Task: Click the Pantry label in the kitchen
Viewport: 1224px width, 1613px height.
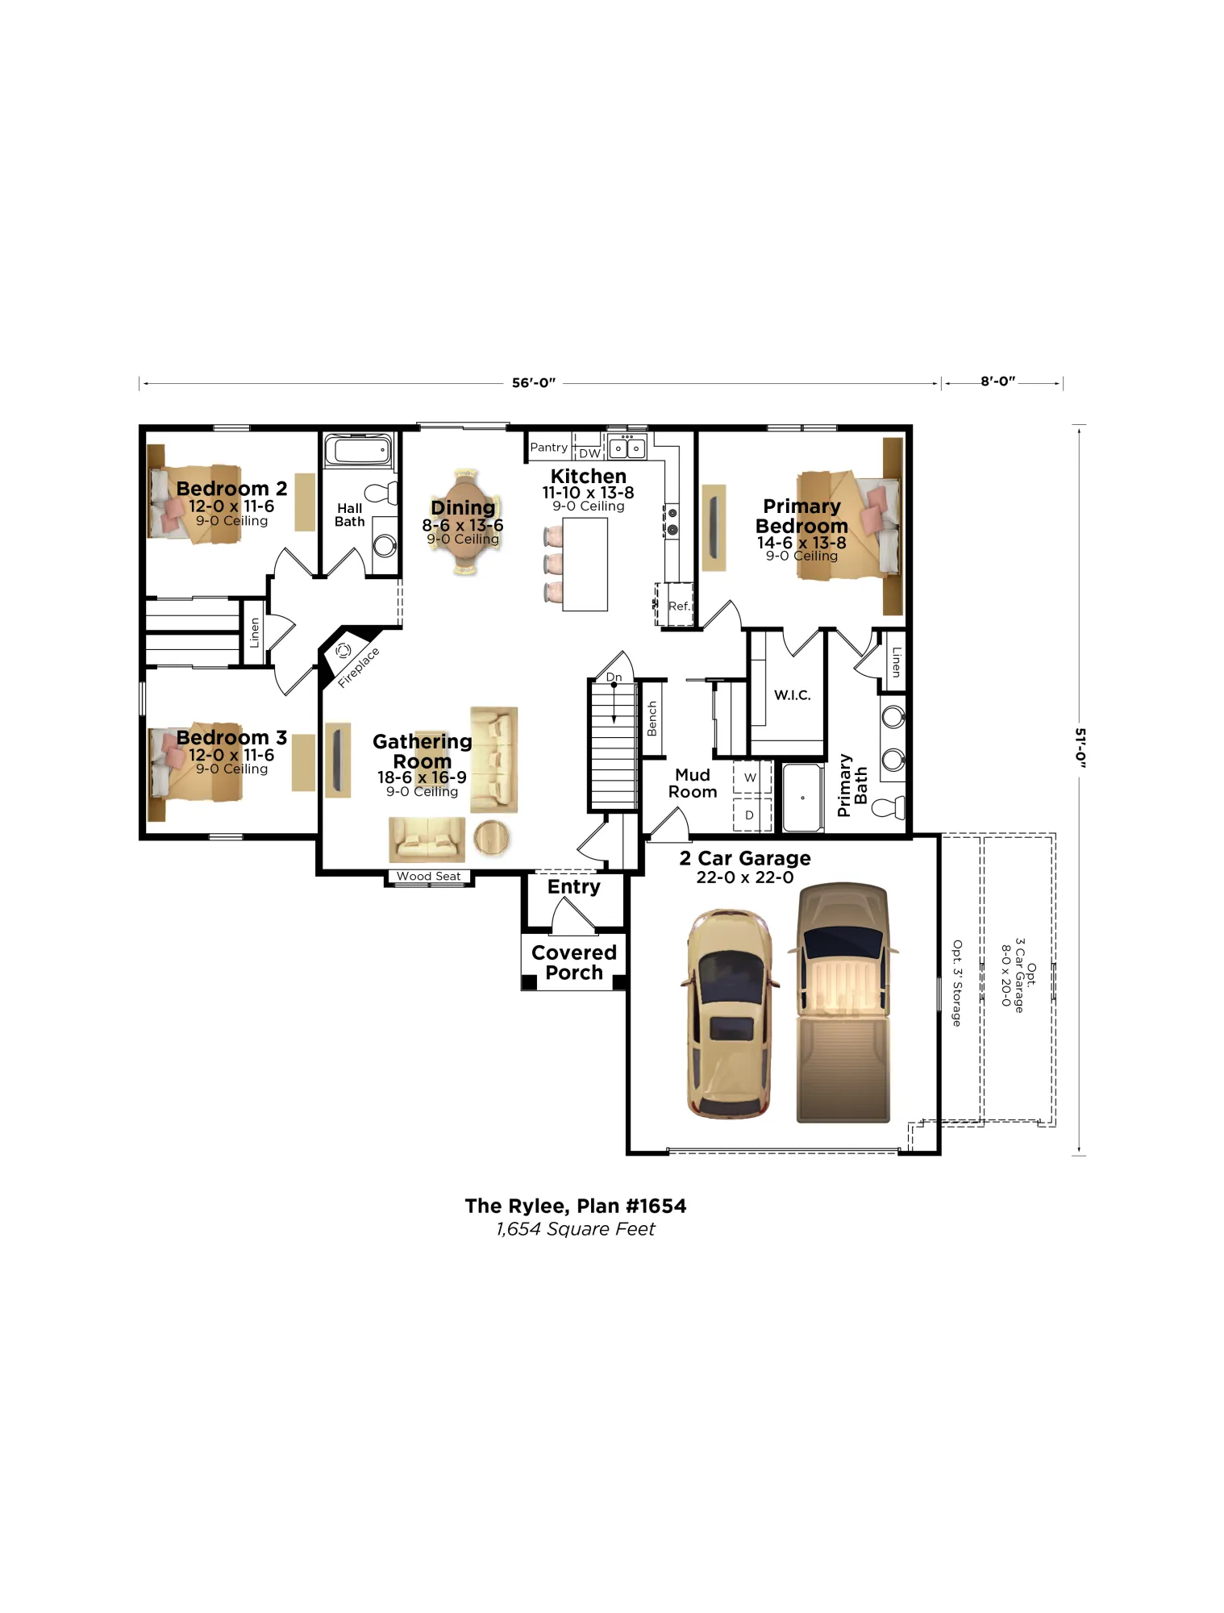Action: [x=548, y=448]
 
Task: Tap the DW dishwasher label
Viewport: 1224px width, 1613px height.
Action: [x=589, y=453]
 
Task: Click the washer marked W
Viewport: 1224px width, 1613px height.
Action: [x=751, y=777]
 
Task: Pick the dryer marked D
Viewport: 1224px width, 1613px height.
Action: [x=751, y=815]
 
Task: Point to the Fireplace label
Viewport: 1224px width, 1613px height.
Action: [x=358, y=667]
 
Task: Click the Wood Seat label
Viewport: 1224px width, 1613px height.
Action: [x=428, y=876]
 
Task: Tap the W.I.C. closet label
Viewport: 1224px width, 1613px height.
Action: [x=793, y=695]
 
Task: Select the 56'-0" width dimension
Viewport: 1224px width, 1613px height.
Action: [x=534, y=382]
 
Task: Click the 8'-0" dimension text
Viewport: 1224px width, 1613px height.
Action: [x=998, y=381]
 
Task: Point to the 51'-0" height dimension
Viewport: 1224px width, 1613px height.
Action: [x=1080, y=748]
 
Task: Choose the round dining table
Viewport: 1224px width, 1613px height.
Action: [x=464, y=522]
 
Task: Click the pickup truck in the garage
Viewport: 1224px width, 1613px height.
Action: [x=843, y=1002]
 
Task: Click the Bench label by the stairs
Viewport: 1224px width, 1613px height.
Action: [x=652, y=719]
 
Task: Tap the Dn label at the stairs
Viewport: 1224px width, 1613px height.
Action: [x=614, y=677]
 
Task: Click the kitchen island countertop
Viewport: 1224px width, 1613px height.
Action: [x=585, y=565]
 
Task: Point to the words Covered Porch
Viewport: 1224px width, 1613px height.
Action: [x=574, y=962]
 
